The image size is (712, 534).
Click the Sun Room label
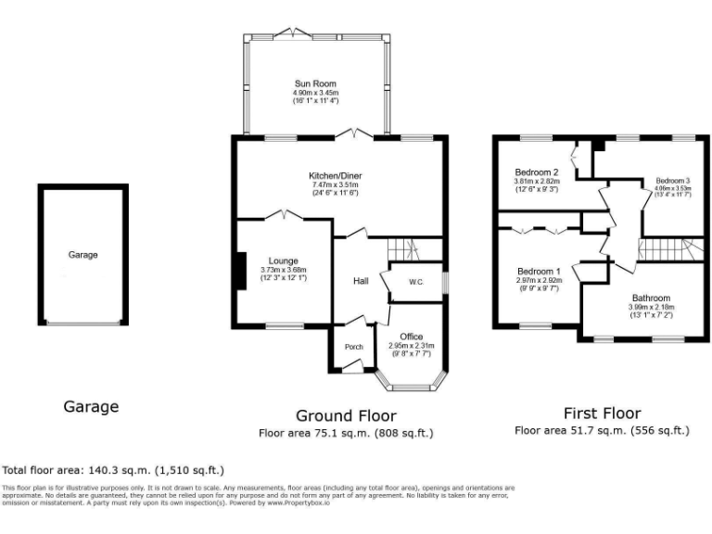[x=311, y=83]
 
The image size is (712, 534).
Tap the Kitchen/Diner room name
[x=336, y=175]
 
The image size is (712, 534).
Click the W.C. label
[x=414, y=283]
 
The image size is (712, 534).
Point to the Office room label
[x=411, y=336]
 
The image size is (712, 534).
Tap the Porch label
[x=353, y=348]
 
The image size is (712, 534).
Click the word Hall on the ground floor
[x=362, y=281]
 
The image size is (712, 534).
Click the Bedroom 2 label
[x=536, y=172]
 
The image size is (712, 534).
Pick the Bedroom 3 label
[x=674, y=180]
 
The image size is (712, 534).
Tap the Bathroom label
[x=652, y=298]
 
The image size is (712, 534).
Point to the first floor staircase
[x=664, y=249]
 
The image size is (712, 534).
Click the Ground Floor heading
[x=346, y=415]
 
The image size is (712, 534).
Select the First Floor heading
[x=602, y=413]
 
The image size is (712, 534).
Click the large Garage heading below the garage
[x=91, y=406]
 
